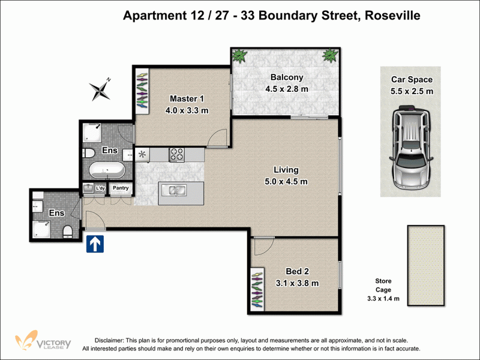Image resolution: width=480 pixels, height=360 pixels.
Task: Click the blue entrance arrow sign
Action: (x=95, y=244)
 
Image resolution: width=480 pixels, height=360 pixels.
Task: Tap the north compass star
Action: (x=100, y=89)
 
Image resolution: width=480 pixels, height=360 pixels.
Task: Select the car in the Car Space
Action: (x=411, y=148)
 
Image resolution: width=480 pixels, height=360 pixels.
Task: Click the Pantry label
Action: (x=121, y=188)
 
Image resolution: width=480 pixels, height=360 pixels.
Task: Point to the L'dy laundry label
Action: (x=100, y=188)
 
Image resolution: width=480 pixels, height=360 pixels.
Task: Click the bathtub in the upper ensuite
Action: (x=107, y=170)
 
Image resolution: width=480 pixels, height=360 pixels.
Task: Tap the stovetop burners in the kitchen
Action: (x=177, y=155)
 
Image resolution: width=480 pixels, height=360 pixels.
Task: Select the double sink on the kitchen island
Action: (x=174, y=190)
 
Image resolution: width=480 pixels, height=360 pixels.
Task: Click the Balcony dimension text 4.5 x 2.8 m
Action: (x=287, y=89)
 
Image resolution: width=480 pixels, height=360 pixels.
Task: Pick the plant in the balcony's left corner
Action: (x=239, y=56)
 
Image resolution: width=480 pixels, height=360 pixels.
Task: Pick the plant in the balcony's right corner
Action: (x=330, y=55)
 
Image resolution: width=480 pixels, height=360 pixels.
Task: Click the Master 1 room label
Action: (x=187, y=98)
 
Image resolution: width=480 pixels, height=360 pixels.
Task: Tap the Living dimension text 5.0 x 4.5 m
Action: (x=286, y=182)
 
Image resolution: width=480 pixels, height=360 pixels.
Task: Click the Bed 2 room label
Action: (x=297, y=271)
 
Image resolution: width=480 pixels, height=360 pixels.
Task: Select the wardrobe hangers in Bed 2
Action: (x=257, y=290)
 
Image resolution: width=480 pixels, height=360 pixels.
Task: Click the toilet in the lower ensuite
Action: (x=68, y=232)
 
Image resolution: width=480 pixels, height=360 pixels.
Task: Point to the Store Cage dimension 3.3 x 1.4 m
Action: (x=383, y=298)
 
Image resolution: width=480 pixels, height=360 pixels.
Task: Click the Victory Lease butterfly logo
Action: (x=26, y=340)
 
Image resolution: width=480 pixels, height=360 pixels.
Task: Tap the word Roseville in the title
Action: (x=392, y=16)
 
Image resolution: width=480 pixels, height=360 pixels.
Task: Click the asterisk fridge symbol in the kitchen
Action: (x=142, y=154)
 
